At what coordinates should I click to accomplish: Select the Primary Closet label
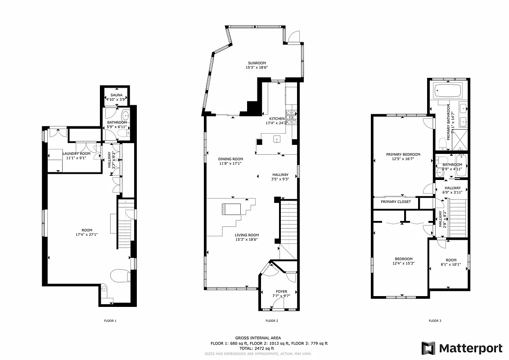396,202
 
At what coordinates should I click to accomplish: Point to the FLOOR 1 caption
110,321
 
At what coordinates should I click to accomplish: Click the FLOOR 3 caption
434,321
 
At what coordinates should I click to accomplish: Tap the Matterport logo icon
428,348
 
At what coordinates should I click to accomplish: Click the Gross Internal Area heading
258,338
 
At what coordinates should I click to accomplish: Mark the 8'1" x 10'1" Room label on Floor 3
450,262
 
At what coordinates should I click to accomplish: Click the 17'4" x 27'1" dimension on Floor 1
87,234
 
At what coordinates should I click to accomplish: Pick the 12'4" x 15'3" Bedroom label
403,261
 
